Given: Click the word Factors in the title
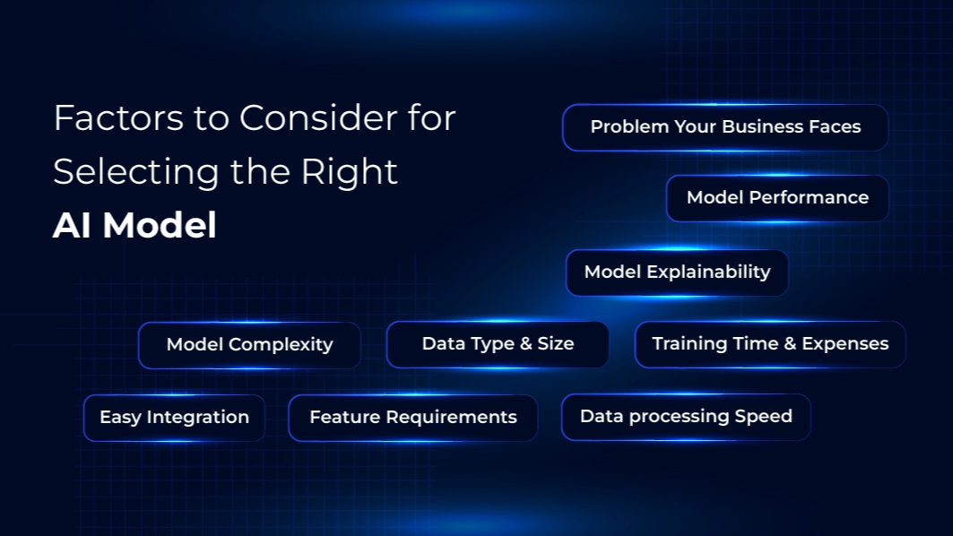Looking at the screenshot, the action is [118, 117].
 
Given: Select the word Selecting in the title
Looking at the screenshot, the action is [136, 173].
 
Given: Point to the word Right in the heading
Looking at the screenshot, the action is [350, 173].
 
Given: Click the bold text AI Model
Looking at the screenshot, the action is [135, 226].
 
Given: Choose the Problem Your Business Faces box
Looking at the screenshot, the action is [725, 127].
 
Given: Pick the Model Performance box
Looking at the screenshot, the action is [777, 198].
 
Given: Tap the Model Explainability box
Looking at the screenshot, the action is [677, 272].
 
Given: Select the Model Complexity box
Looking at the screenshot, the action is [249, 344].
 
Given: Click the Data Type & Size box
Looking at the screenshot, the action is [498, 344].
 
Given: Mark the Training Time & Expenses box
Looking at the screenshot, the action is [770, 344].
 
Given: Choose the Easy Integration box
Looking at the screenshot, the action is [175, 418].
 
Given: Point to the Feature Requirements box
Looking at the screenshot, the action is [412, 418].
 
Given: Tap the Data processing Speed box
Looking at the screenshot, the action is [686, 417].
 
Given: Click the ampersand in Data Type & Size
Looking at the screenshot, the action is [525, 343].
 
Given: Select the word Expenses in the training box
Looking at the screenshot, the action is [845, 344].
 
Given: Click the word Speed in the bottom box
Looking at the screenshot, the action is [763, 417].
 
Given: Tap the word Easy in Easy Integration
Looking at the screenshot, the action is [120, 418].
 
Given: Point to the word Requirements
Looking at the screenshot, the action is [451, 418].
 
